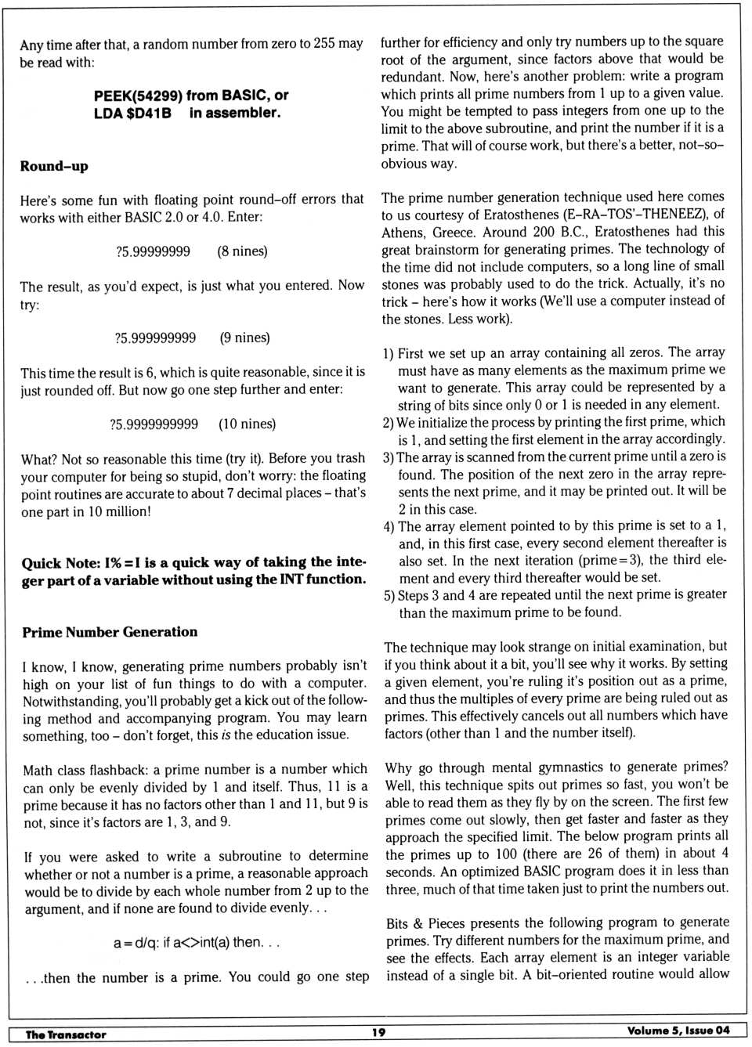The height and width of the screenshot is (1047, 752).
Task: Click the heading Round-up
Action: point(54,166)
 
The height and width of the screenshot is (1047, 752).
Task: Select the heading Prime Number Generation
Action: point(110,632)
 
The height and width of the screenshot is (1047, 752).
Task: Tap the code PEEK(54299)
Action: point(138,96)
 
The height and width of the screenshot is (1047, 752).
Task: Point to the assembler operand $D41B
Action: point(149,113)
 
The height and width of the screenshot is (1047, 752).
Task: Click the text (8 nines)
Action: point(242,251)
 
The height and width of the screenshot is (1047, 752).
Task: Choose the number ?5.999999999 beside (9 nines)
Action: point(155,338)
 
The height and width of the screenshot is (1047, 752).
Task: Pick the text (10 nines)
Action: point(247,424)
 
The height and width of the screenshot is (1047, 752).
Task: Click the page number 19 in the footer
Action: point(378,1032)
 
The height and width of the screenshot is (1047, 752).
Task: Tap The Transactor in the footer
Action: point(66,1034)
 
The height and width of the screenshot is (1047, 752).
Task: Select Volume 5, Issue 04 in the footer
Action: point(678,1031)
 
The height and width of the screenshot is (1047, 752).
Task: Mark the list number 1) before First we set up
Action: point(389,353)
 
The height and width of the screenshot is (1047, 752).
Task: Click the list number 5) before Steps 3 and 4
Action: point(389,595)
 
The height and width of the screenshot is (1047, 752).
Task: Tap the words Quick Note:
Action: point(61,562)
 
